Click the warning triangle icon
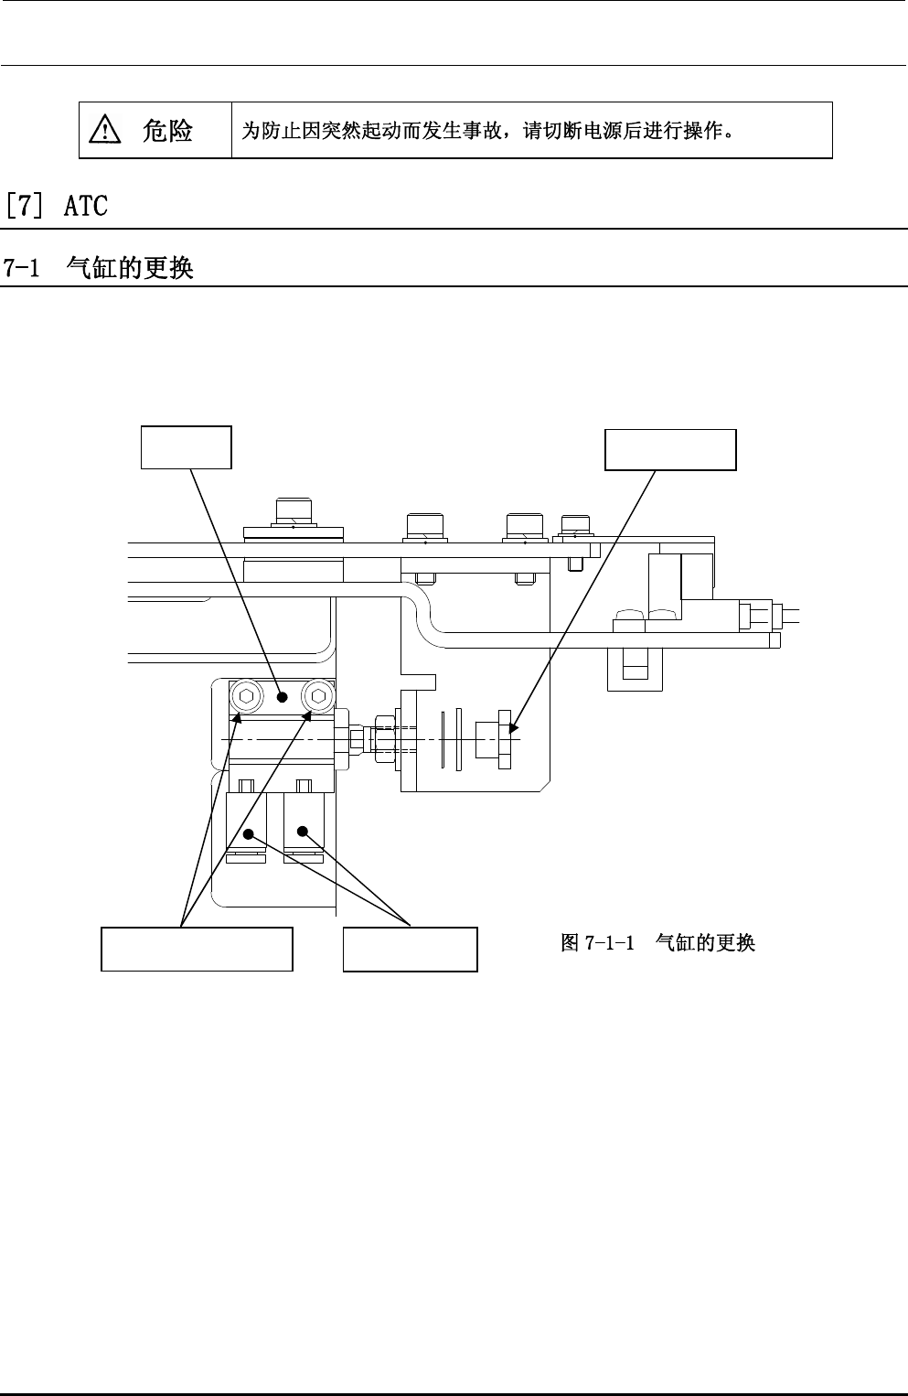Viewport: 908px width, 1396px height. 106,132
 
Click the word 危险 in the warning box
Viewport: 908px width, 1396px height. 167,131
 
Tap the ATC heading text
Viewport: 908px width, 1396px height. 86,206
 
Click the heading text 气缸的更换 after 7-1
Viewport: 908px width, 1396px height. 131,268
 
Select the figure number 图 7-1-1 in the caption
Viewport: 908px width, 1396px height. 598,942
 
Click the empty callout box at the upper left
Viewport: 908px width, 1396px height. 186,447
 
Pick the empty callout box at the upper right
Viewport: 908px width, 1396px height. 670,449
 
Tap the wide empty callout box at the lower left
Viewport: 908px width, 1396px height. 197,949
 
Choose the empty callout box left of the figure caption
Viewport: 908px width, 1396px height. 410,949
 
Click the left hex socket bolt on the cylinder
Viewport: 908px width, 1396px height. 246,696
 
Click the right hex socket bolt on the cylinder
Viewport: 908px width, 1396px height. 316,696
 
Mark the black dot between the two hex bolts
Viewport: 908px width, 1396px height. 282,697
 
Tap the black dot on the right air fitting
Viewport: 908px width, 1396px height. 303,832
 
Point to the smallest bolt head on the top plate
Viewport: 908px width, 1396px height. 574,525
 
